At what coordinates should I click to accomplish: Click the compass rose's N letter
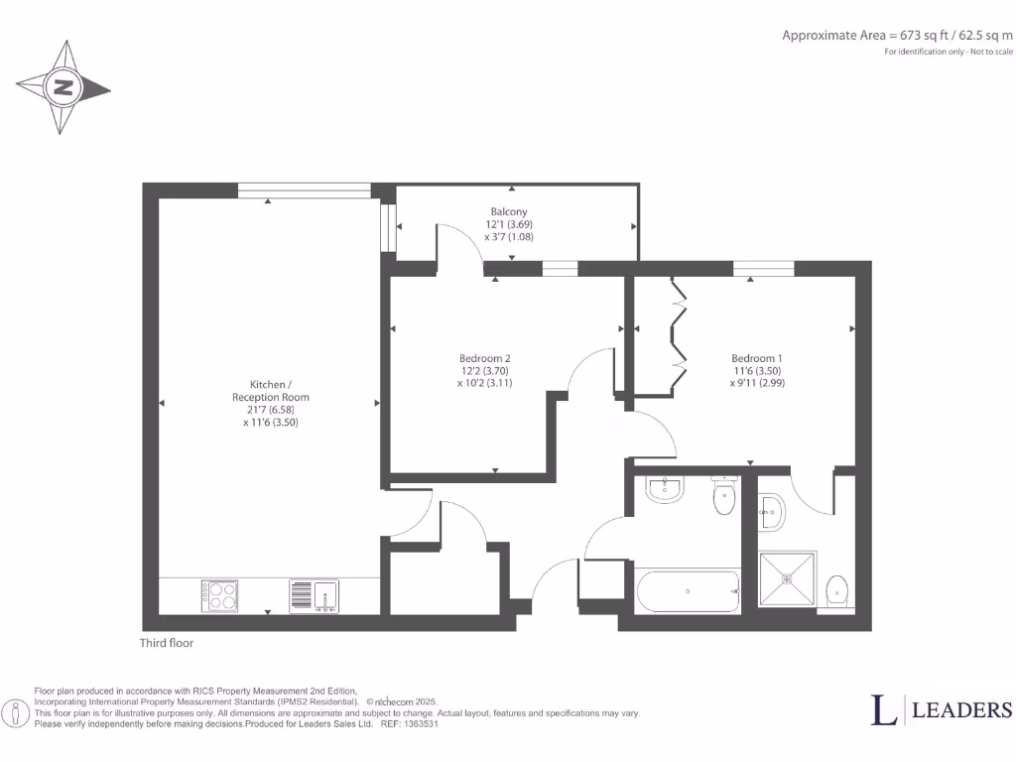tap(63, 87)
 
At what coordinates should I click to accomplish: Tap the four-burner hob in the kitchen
tap(219, 595)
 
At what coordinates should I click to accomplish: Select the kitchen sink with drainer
tap(315, 595)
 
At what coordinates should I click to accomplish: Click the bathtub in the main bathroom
tap(687, 592)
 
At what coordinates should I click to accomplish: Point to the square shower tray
tap(788, 578)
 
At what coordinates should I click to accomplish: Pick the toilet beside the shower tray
tap(837, 589)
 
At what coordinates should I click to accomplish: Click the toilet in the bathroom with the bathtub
tap(724, 500)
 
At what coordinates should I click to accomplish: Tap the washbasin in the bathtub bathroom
tap(662, 489)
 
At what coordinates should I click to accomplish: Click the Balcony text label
tap(509, 211)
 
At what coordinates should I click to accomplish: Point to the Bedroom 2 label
tap(484, 358)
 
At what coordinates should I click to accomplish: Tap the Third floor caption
tap(167, 643)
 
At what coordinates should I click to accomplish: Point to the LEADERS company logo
tap(942, 709)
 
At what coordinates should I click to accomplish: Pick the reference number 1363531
tap(418, 724)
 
